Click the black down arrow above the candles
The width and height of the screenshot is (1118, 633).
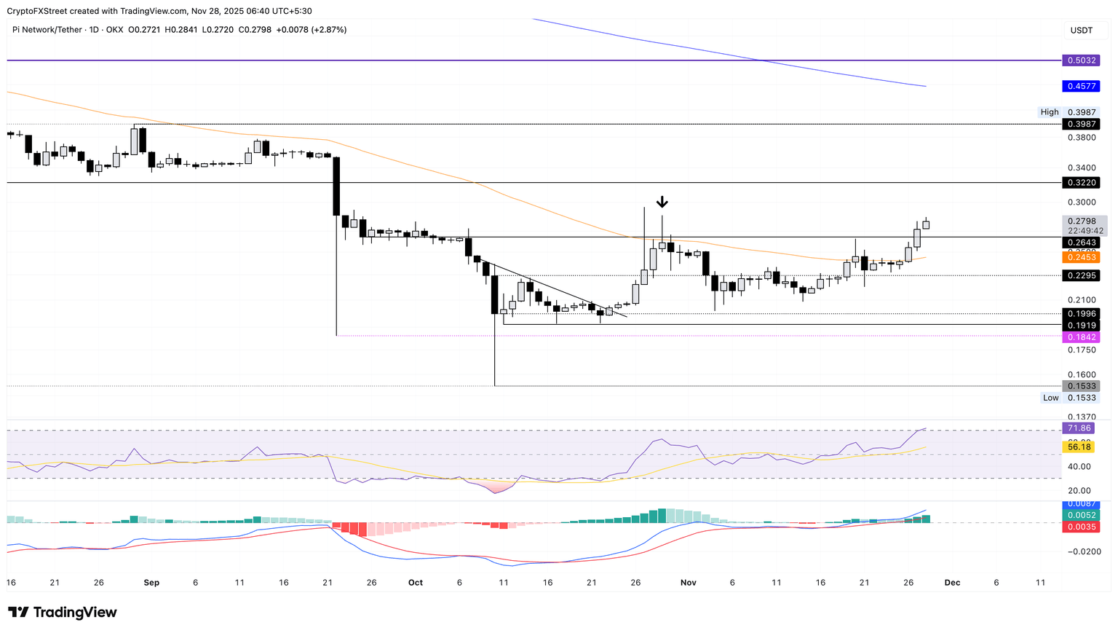[662, 202]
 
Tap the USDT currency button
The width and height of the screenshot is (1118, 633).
[1081, 31]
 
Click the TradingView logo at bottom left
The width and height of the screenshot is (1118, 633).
[63, 613]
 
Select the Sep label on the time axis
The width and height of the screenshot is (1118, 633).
[151, 583]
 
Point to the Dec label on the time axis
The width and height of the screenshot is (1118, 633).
[952, 583]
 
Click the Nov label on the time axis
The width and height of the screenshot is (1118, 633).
[688, 583]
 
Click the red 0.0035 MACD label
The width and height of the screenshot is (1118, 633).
[1080, 527]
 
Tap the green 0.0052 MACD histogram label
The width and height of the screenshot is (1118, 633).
[1080, 515]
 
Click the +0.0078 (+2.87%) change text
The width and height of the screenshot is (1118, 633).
[312, 30]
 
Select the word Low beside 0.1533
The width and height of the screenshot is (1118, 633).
[1050, 398]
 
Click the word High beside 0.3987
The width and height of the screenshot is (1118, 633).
[1049, 112]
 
